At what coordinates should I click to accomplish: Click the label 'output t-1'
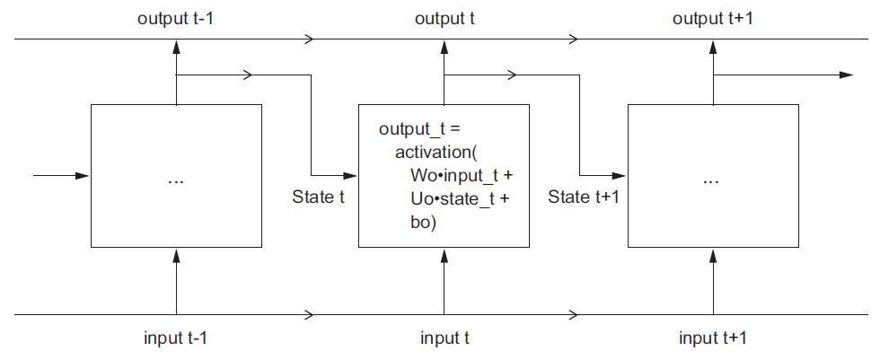click(x=175, y=18)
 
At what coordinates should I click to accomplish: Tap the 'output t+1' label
click(x=712, y=18)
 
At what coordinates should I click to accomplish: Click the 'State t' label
click(x=319, y=197)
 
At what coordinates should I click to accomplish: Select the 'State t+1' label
click(x=584, y=197)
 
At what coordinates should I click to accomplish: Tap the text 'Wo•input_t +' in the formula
click(x=453, y=175)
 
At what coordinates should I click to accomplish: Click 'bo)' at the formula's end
click(x=418, y=221)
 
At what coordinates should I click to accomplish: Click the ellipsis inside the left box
click(x=176, y=180)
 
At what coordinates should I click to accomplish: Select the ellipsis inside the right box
click(x=712, y=180)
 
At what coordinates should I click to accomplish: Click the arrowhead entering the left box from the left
click(x=84, y=175)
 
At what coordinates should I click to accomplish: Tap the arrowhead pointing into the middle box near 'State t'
click(x=352, y=175)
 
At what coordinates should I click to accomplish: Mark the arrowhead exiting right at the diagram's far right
click(x=846, y=75)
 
